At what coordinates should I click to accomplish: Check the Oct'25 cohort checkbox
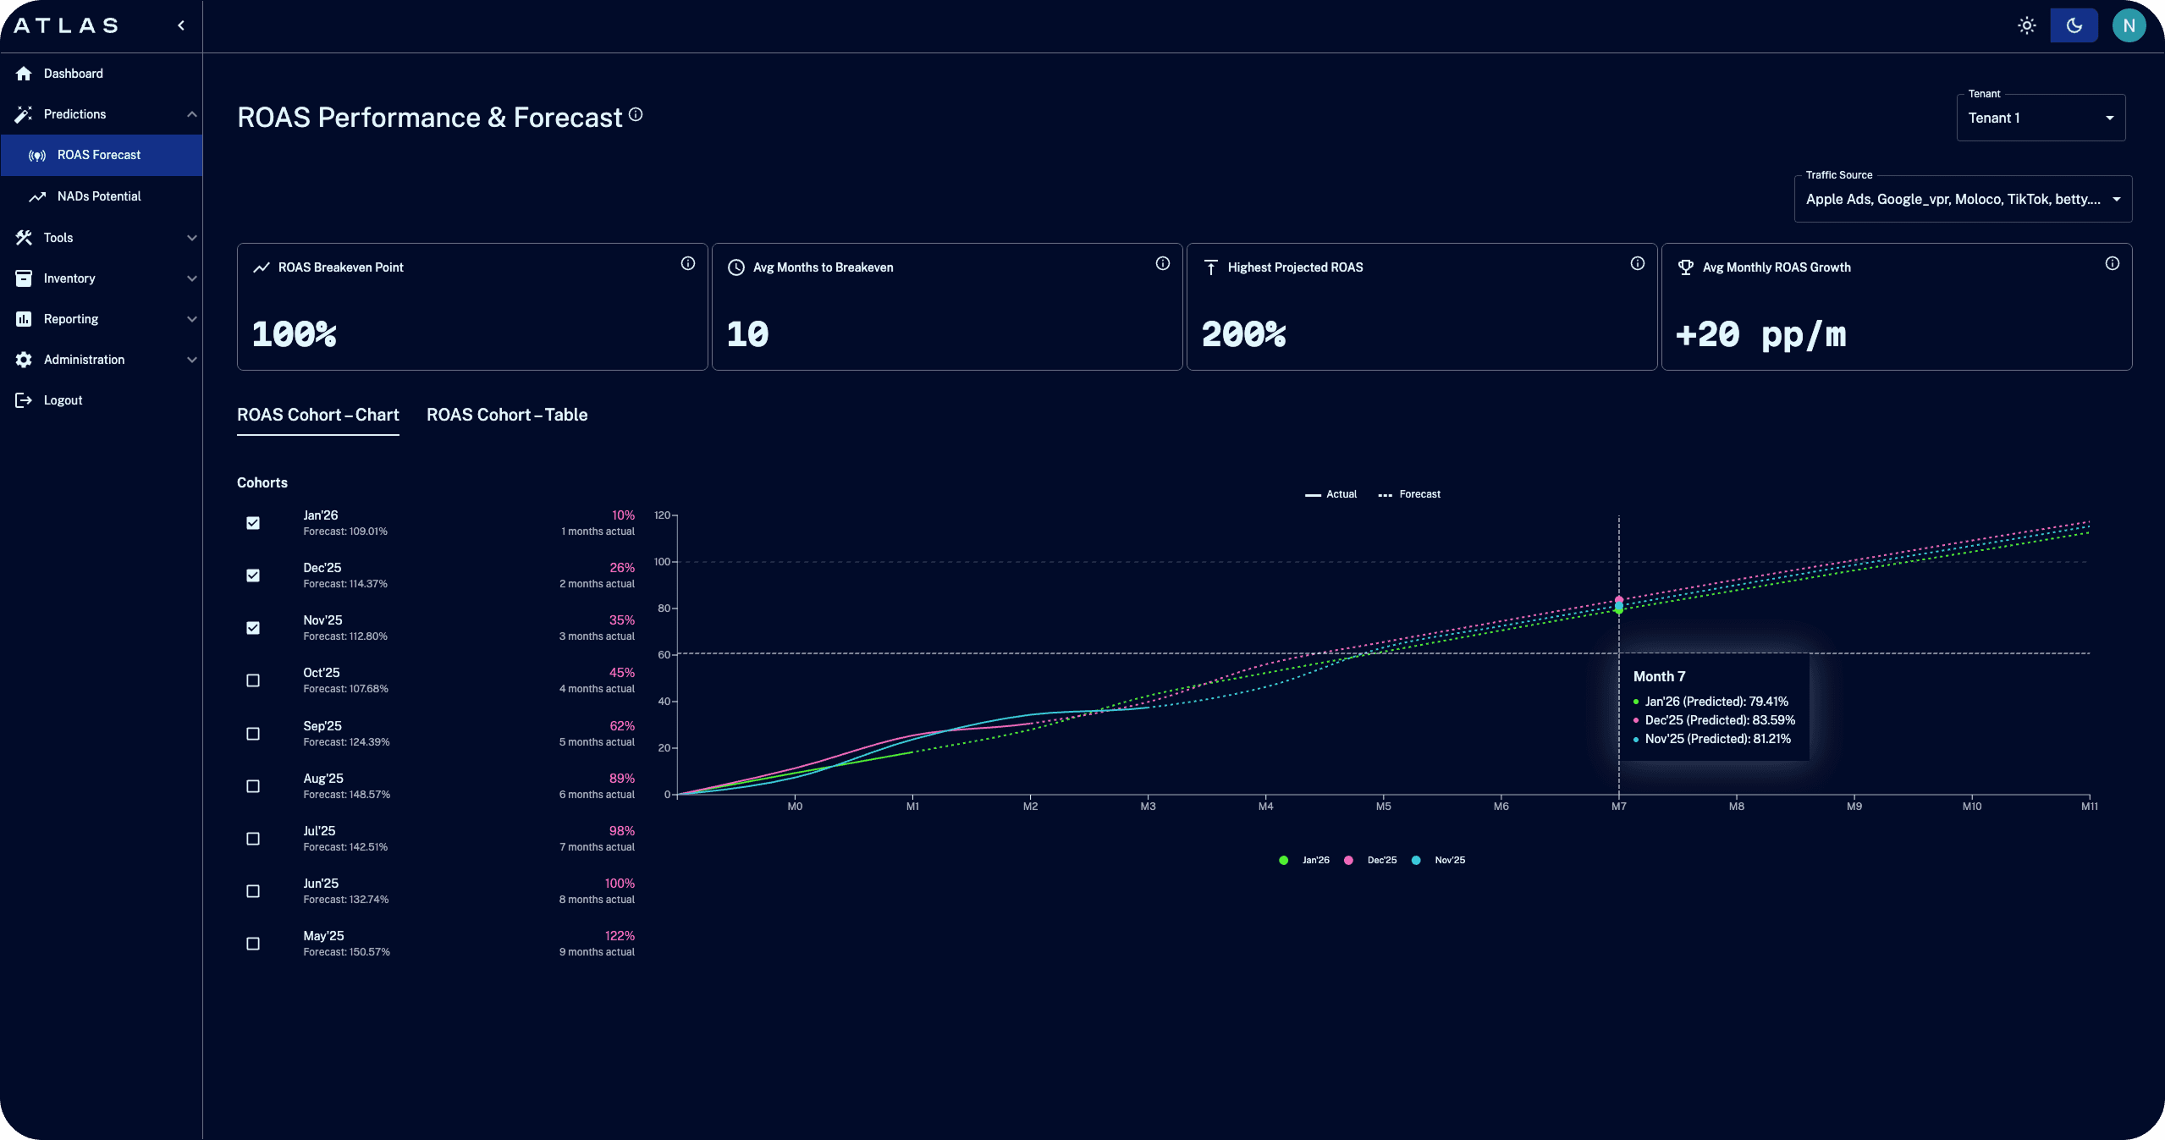[x=253, y=680]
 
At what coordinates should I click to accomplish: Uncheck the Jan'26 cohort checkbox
[x=253, y=523]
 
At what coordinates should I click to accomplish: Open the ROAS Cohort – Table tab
[x=506, y=415]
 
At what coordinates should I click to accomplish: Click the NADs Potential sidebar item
[x=99, y=196]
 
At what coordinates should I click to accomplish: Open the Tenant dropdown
[x=2040, y=118]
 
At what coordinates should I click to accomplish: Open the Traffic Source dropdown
[x=1962, y=199]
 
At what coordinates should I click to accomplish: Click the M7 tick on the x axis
[x=1618, y=807]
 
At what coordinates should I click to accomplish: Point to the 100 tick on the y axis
[x=662, y=562]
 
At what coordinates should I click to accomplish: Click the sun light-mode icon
[x=2026, y=25]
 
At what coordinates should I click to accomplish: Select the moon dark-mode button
[x=2074, y=25]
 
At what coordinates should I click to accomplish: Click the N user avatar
[x=2129, y=25]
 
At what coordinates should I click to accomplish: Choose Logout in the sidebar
[x=63, y=400]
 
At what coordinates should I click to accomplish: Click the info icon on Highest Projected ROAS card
[x=1638, y=263]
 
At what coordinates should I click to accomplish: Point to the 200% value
[x=1243, y=334]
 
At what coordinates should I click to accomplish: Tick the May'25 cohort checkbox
[x=253, y=944]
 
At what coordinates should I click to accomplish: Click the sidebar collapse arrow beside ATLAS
[x=181, y=25]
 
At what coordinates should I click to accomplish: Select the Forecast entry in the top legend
[x=1410, y=494]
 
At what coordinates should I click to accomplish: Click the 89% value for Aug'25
[x=621, y=779]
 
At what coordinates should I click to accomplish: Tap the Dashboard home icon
[x=24, y=74]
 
